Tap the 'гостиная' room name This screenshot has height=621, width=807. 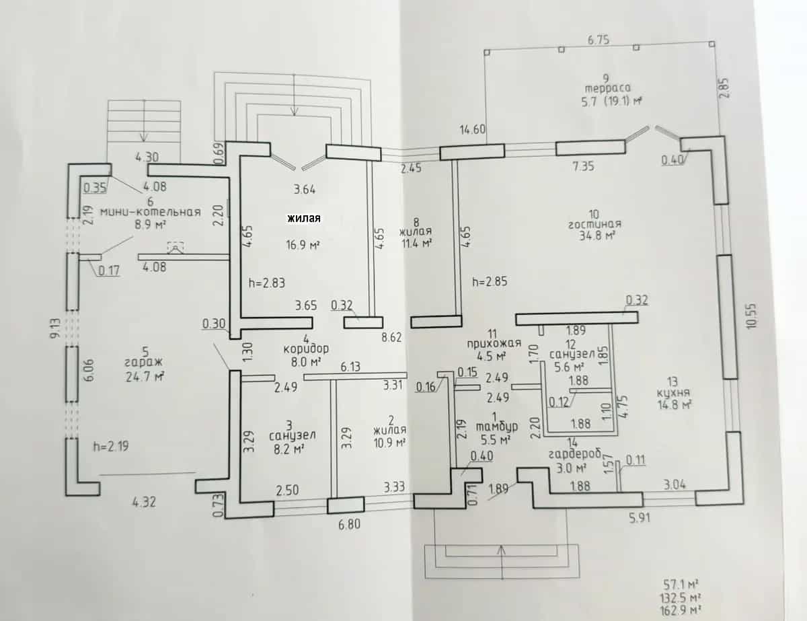pos(594,225)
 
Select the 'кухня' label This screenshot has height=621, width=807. pos(673,392)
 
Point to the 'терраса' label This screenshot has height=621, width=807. pos(607,88)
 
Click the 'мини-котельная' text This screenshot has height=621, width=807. pos(151,212)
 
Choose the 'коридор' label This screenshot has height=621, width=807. pos(306,349)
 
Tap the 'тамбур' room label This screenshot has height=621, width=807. pos(496,427)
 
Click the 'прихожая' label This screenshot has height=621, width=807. pos(494,344)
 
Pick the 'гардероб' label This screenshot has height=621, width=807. pos(574,454)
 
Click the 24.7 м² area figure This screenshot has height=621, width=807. pos(145,377)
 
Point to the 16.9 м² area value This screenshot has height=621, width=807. pos(303,245)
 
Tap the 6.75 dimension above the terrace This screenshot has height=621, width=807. pos(599,40)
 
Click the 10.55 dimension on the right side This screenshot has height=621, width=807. pos(751,316)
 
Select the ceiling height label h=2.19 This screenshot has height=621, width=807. pos(111,446)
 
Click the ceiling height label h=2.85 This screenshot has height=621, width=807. pos(490,281)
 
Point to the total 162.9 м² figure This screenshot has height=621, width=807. pos(681,611)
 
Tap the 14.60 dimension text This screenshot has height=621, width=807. pos(472,130)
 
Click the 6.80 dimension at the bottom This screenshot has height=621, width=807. pos(349,524)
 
